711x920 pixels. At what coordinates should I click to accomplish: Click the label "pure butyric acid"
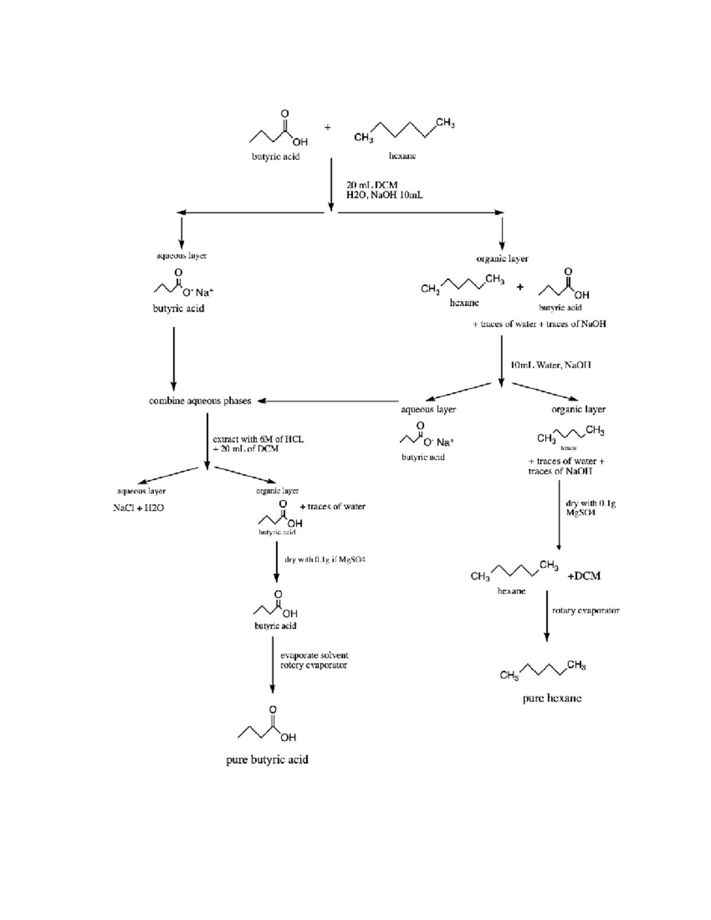pos(267,759)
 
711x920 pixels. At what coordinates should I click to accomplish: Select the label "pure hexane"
pos(552,698)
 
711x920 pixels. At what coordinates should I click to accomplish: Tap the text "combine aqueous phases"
pos(200,401)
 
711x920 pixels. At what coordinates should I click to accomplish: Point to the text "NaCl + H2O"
pos(138,508)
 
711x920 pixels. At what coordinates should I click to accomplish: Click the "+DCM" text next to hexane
pos(584,576)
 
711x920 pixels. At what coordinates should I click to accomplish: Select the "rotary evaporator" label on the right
pos(585,610)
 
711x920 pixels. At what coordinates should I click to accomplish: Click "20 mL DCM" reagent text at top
pos(371,185)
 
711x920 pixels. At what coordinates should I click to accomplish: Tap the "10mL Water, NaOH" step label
pos(550,365)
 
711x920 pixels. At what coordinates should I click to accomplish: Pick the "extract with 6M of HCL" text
pos(258,439)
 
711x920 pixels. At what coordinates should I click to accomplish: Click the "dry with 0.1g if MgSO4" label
pos(325,559)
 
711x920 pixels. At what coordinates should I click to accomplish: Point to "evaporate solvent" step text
pos(314,655)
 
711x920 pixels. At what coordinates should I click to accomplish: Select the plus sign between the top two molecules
pos(327,127)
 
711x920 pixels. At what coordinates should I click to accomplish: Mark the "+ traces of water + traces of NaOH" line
pos(539,324)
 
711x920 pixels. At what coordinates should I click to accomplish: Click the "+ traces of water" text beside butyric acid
pos(332,507)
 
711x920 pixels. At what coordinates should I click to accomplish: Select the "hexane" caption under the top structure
pos(402,156)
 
